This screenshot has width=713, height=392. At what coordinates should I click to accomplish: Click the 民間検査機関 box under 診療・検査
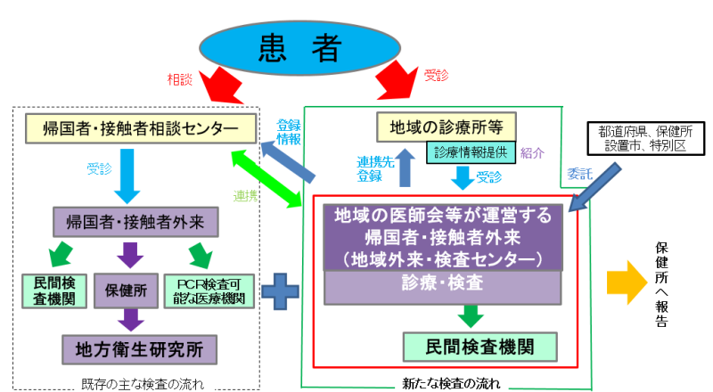click(480, 345)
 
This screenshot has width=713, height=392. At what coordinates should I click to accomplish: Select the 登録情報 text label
click(288, 132)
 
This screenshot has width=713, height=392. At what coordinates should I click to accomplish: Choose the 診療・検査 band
click(443, 284)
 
